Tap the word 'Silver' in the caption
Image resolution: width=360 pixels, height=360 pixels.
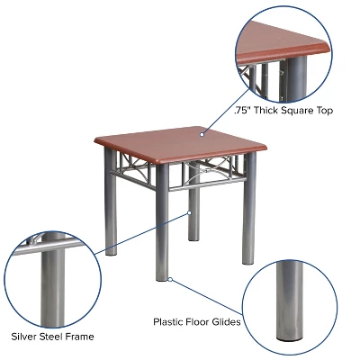[x=24, y=337]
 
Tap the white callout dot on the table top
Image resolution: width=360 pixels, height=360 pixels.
[x=202, y=134]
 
